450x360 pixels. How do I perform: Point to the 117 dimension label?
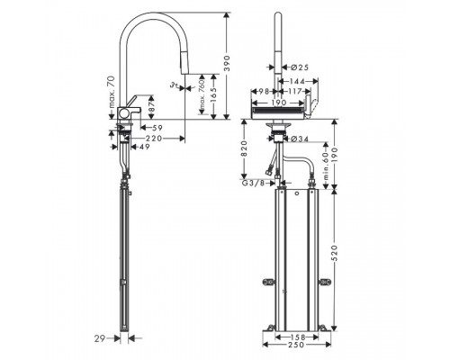tap(295, 91)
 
